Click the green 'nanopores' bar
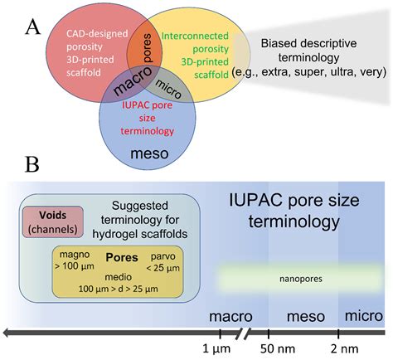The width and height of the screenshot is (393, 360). [x=289, y=278]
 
